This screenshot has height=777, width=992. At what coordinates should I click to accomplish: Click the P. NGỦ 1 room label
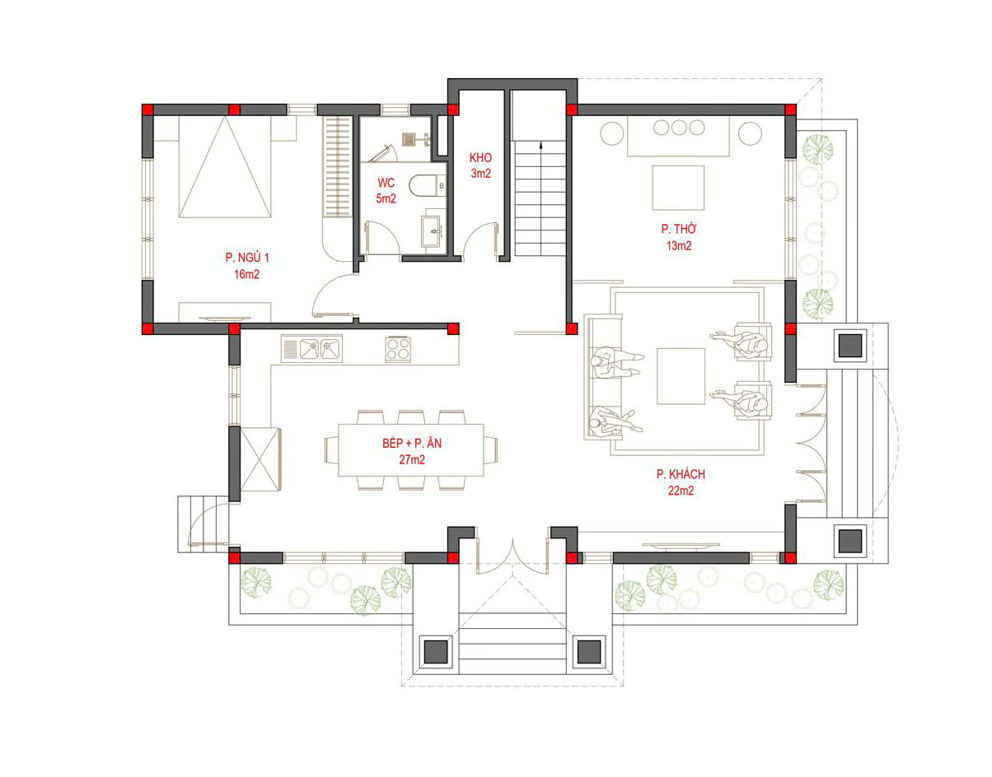(x=247, y=258)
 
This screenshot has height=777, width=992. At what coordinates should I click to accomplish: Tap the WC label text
(x=386, y=183)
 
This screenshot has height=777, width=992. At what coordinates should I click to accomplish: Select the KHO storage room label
(x=480, y=158)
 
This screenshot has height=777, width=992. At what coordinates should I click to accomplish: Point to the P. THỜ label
(x=678, y=229)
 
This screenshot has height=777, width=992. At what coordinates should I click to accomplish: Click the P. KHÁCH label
(x=681, y=474)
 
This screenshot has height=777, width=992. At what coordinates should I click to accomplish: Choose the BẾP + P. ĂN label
(x=412, y=443)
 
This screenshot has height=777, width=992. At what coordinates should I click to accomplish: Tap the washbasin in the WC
(x=432, y=230)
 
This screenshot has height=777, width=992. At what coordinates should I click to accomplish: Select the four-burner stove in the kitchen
(x=398, y=349)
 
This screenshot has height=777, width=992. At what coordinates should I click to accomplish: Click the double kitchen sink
(x=311, y=349)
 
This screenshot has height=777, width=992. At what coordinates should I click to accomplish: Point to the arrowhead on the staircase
(x=541, y=145)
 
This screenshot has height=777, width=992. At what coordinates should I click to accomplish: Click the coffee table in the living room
(x=681, y=376)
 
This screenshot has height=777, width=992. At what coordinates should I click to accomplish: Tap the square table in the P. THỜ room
(x=678, y=188)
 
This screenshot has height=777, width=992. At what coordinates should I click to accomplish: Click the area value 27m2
(x=412, y=459)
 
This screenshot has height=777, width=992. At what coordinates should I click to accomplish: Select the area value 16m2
(x=246, y=274)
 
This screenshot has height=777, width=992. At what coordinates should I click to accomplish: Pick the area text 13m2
(x=678, y=246)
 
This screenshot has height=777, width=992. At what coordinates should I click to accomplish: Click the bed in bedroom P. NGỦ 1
(x=225, y=167)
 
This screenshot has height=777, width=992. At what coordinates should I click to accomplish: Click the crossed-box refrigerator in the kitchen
(x=260, y=459)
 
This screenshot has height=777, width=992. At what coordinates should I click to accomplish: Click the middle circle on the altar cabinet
(x=679, y=128)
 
